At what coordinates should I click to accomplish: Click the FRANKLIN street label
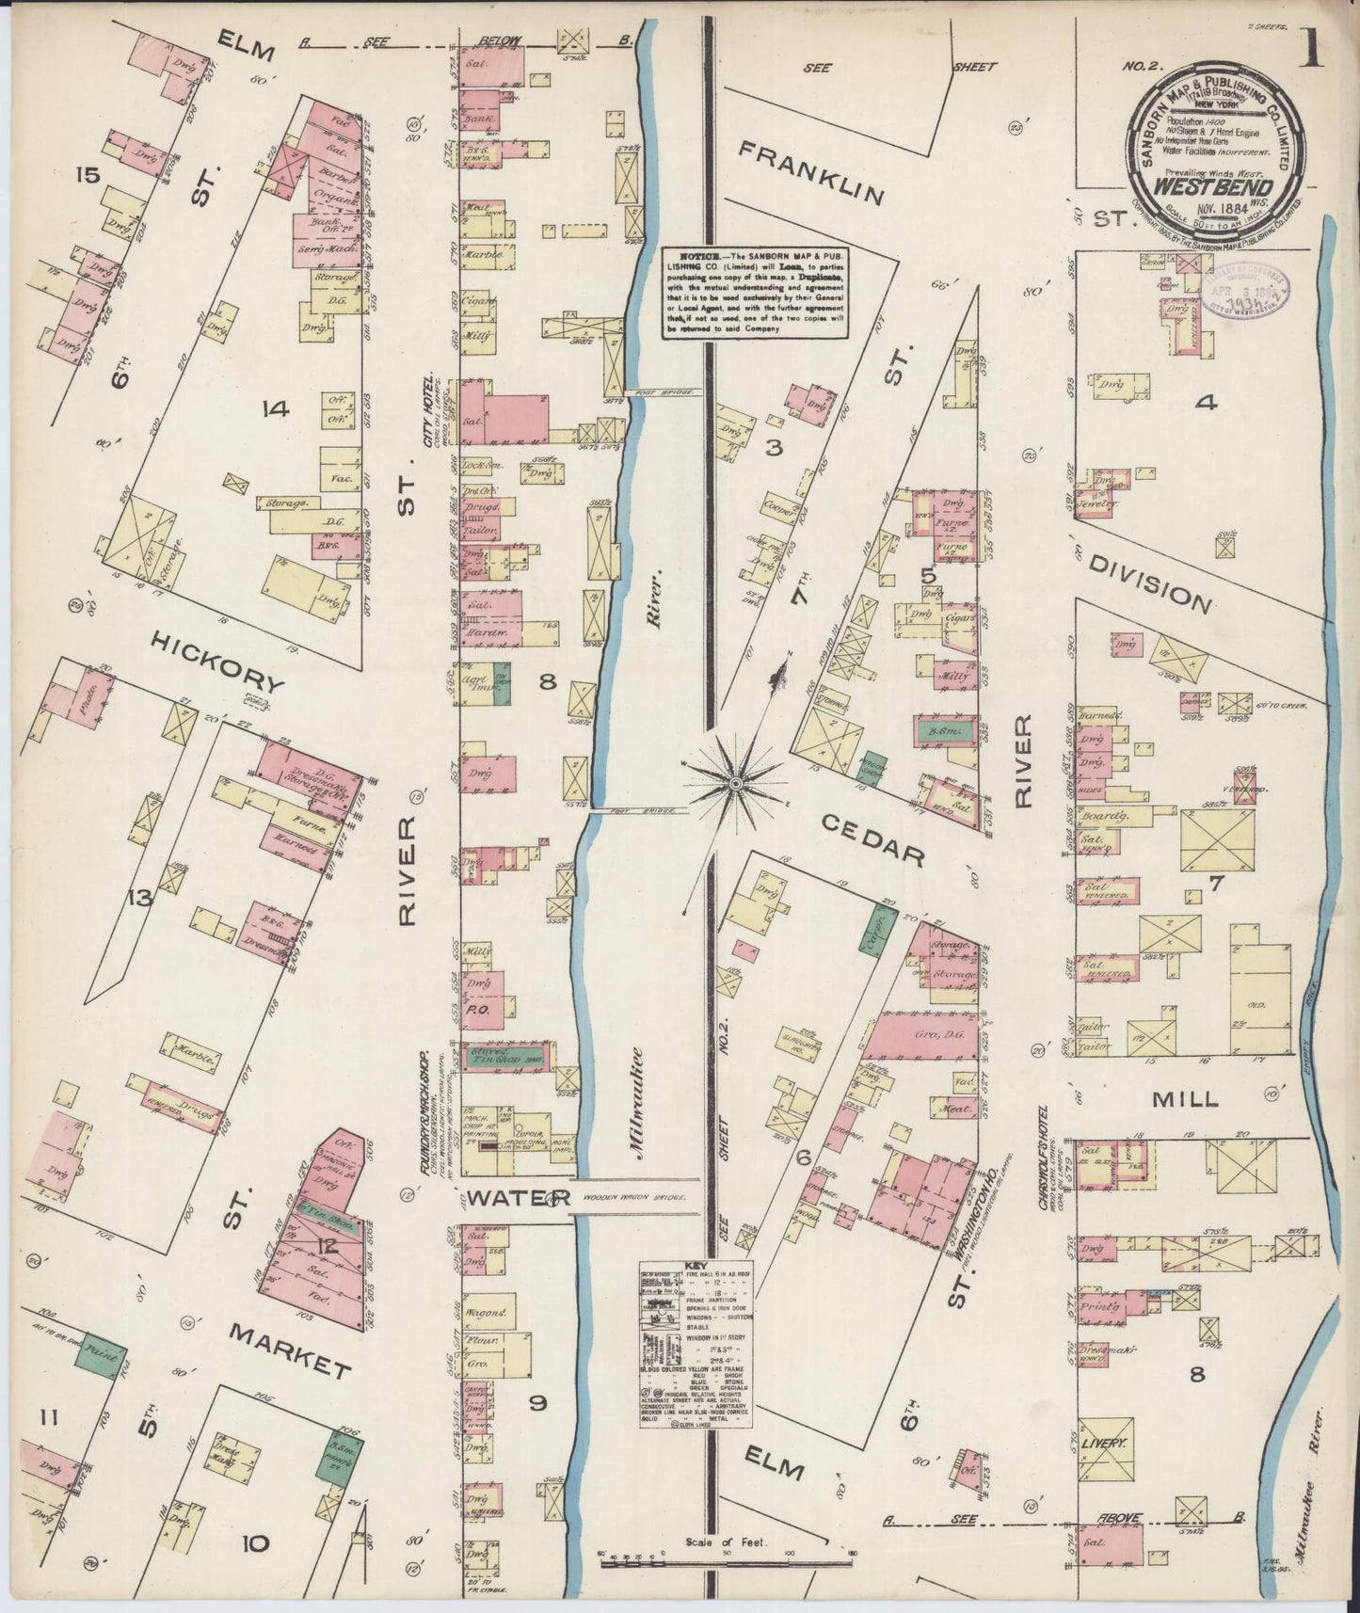pyautogui.click(x=811, y=172)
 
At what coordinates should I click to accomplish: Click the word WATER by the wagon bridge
pyautogui.click(x=520, y=1198)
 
